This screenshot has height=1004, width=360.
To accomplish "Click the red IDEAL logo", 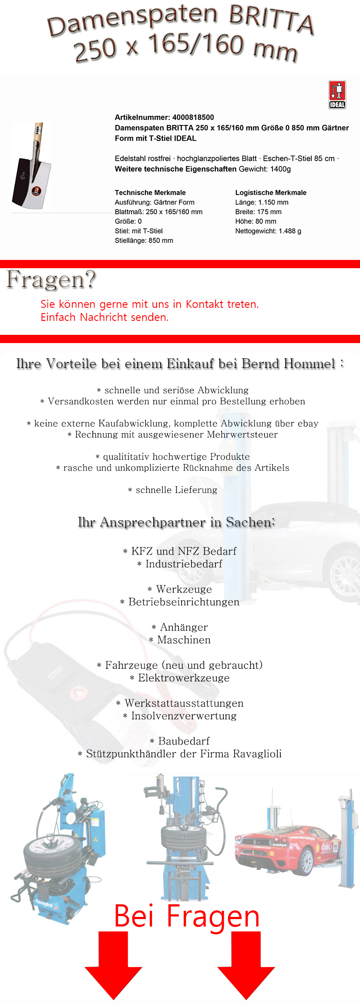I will click(337, 94).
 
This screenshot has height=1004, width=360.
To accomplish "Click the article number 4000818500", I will click(193, 117).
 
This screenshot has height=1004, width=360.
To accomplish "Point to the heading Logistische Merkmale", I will click(271, 192).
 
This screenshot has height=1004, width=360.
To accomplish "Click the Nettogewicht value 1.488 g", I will click(290, 231).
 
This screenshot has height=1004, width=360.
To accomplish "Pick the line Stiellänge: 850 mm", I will click(144, 240).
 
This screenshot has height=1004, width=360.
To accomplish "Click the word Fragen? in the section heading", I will click(51, 280).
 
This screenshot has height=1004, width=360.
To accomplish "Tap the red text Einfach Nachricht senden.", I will click(104, 317).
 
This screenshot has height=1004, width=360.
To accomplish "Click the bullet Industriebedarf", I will click(183, 564).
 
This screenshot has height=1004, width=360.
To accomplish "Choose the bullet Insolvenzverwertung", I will click(183, 716).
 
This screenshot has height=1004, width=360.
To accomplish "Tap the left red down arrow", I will click(113, 965).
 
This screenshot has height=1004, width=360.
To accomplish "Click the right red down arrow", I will click(246, 965).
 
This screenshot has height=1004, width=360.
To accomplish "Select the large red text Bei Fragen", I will click(187, 916).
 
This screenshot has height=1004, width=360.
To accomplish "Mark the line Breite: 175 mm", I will click(258, 212).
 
